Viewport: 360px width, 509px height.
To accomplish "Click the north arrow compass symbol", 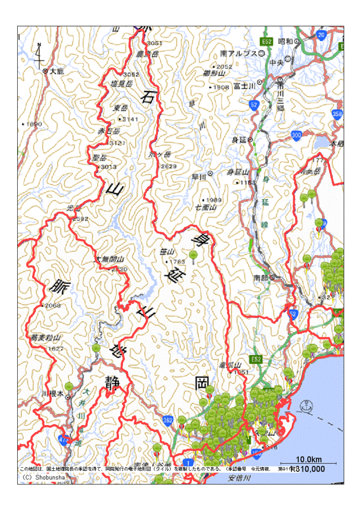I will pos(39,55).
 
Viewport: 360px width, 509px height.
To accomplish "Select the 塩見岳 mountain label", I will pos(122,83).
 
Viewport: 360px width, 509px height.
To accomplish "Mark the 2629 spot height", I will pos(169,166).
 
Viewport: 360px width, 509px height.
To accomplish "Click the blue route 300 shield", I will pos(297,135).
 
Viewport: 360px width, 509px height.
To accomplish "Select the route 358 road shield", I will pos(337,114).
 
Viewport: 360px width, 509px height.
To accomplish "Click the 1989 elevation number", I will pos(213,200).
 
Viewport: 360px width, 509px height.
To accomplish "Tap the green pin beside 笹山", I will pos(193,256).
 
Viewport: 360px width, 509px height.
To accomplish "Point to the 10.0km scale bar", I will pos(308,460).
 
